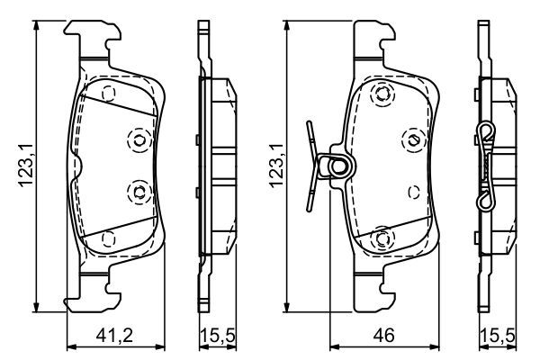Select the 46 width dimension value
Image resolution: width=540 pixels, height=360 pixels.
point(386,337)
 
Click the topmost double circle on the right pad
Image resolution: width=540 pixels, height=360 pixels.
point(382,94)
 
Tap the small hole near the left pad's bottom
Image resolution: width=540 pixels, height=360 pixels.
point(109,238)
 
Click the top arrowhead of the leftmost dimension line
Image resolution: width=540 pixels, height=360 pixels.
point(37,26)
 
